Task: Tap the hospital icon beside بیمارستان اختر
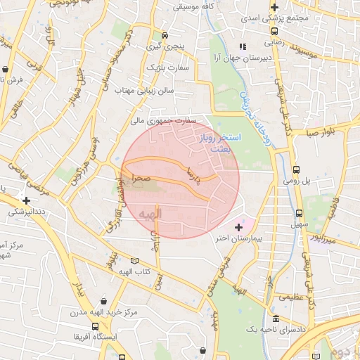(x=239, y=227)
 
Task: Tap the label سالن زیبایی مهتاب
(x=143, y=90)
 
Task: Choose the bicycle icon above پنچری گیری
(x=165, y=35)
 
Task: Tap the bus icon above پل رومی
(x=296, y=169)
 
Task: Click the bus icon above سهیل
(x=300, y=213)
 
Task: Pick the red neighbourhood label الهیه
(x=150, y=212)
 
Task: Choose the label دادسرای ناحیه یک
(x=274, y=329)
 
